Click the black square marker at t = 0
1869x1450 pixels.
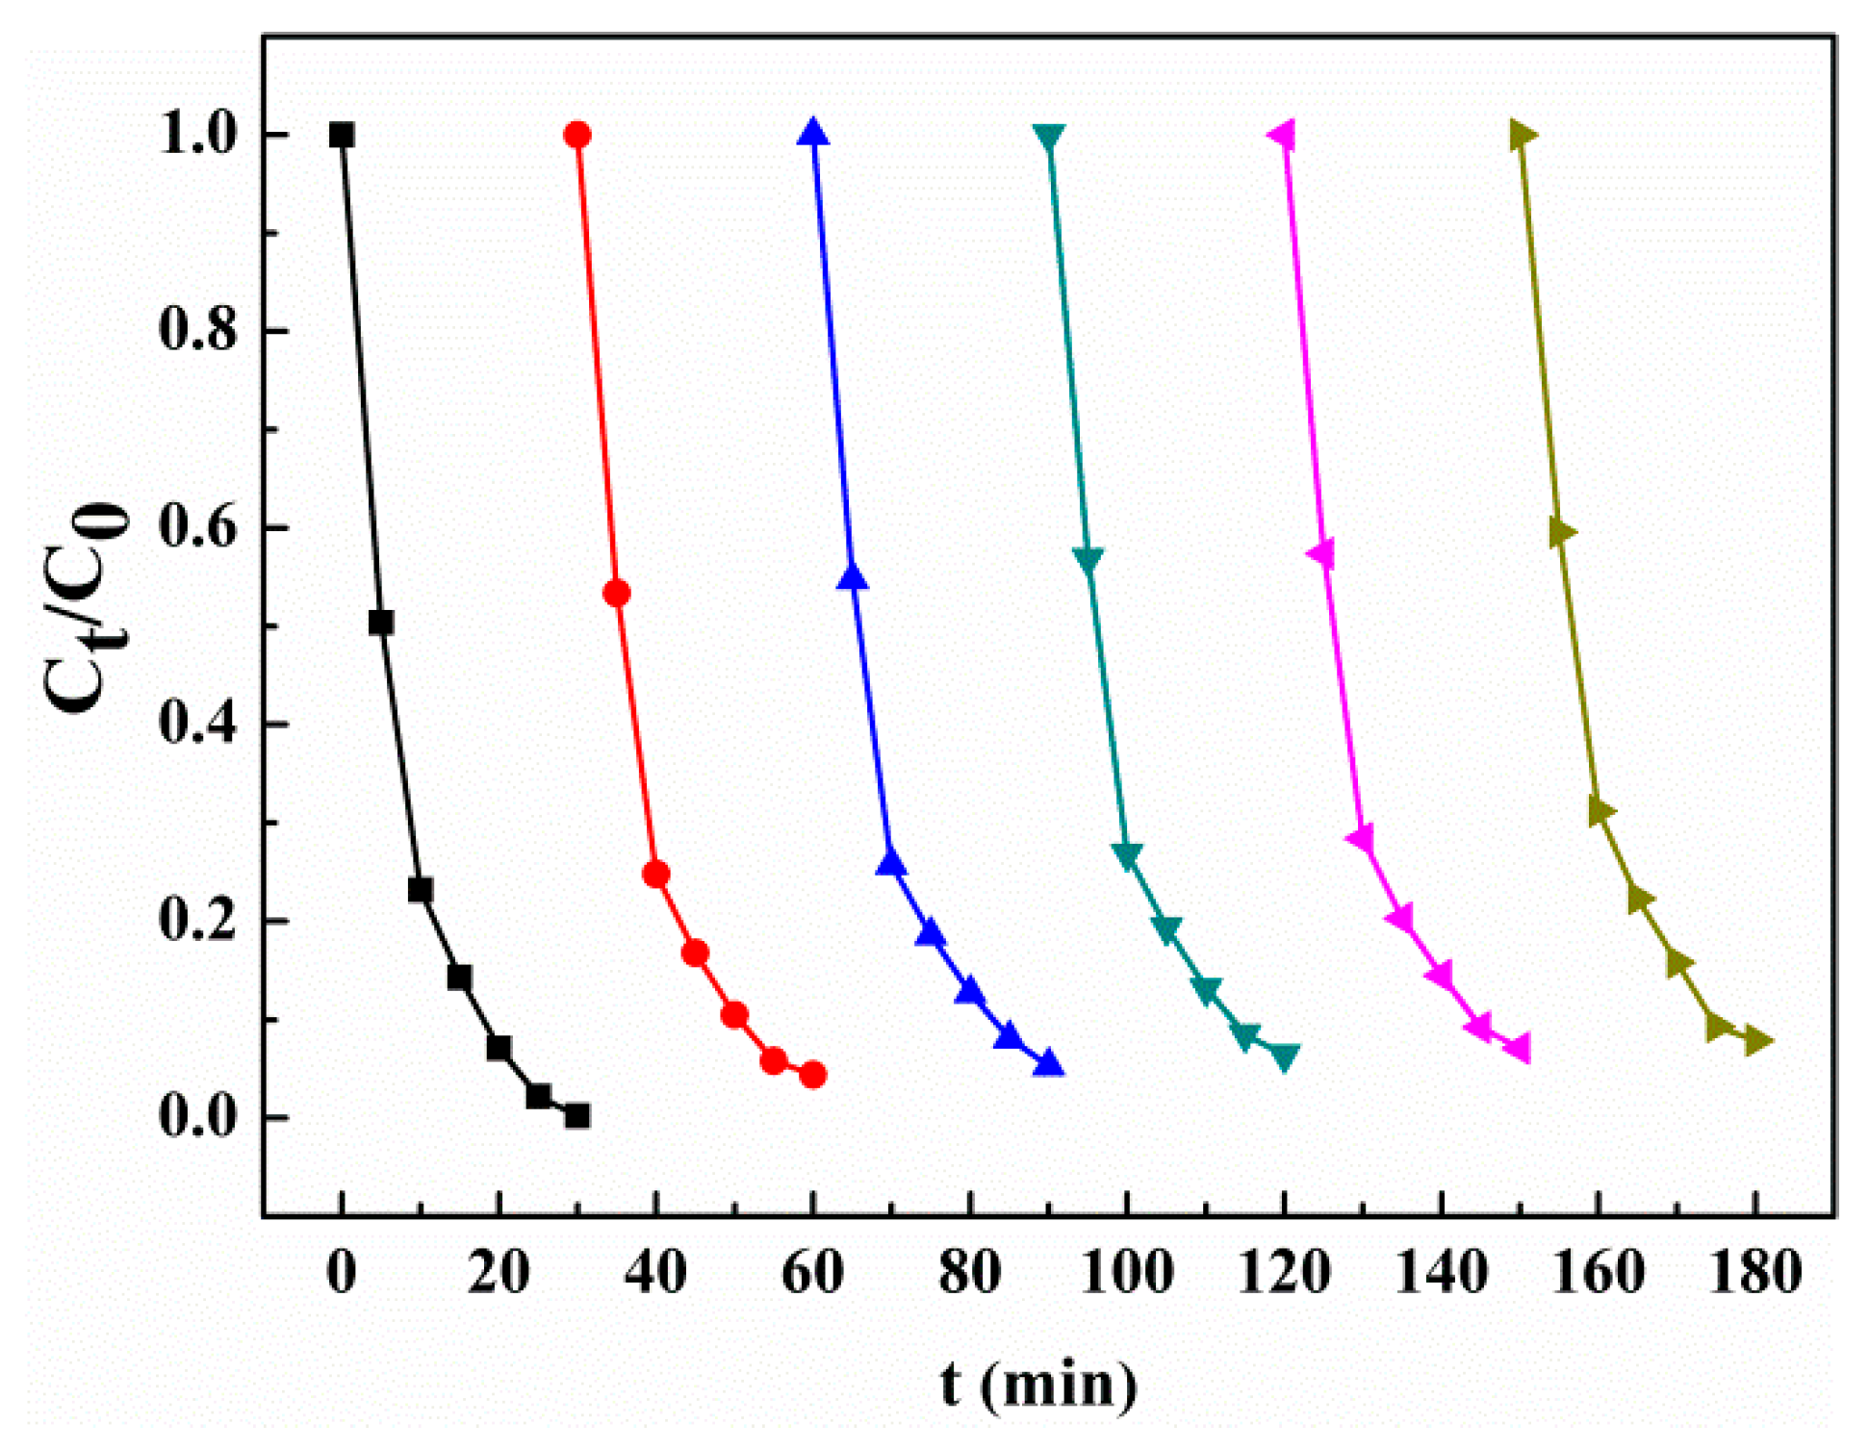(342, 135)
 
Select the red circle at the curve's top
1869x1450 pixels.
(577, 135)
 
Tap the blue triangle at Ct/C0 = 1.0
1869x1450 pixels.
(813, 133)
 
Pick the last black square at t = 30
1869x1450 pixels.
(577, 1116)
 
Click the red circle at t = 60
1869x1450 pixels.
(813, 1075)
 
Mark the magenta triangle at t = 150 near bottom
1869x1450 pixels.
(1519, 1049)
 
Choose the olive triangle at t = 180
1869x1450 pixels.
(1757, 1040)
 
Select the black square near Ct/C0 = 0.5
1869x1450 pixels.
(381, 623)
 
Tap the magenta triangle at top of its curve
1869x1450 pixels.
(1283, 135)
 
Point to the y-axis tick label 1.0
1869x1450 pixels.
(197, 135)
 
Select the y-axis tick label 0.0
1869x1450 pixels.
(197, 1117)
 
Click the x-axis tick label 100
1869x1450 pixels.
(1127, 1273)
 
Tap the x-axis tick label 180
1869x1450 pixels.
(1755, 1273)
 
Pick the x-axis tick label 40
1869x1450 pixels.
(655, 1273)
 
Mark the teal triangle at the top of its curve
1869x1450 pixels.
(1049, 137)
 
